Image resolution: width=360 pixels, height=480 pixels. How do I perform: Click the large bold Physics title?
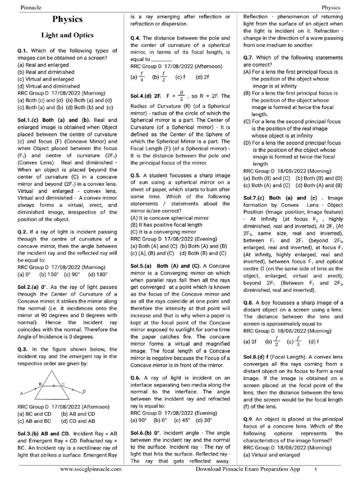point(67,20)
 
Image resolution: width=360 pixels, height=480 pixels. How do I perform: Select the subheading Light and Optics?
point(67,35)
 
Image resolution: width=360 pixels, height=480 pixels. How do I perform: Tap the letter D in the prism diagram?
point(84,391)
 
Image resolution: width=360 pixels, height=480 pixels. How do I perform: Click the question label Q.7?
point(249,58)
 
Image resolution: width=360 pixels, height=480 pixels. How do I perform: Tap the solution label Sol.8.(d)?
point(255,357)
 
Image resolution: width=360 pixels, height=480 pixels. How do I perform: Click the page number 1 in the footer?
point(315,469)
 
